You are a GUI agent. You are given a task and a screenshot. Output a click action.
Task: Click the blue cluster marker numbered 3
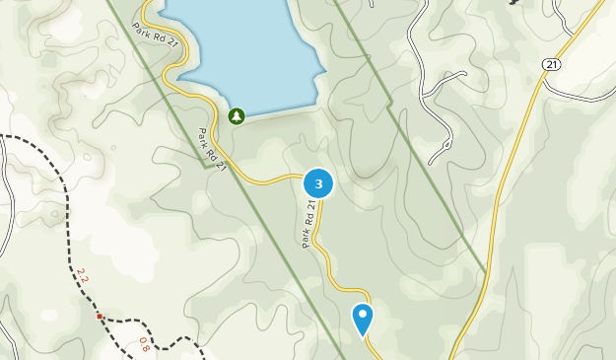pyautogui.click(x=317, y=183)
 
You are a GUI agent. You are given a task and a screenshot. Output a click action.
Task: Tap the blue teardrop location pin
pyautogui.click(x=363, y=318)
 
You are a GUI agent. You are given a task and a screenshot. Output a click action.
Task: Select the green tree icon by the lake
pyautogui.click(x=237, y=116)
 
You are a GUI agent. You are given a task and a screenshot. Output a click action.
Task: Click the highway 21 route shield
pyautogui.click(x=551, y=64)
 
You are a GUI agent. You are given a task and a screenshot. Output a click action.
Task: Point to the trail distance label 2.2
pyautogui.click(x=82, y=277)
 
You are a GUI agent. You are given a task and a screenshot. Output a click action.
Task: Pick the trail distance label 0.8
pyautogui.click(x=144, y=344)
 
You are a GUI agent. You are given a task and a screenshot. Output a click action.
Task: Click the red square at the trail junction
pyautogui.click(x=100, y=317)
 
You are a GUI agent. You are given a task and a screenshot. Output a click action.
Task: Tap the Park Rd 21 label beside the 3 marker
pyautogui.click(x=308, y=224)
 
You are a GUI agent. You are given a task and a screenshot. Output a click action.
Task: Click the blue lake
pyautogui.click(x=246, y=49)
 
